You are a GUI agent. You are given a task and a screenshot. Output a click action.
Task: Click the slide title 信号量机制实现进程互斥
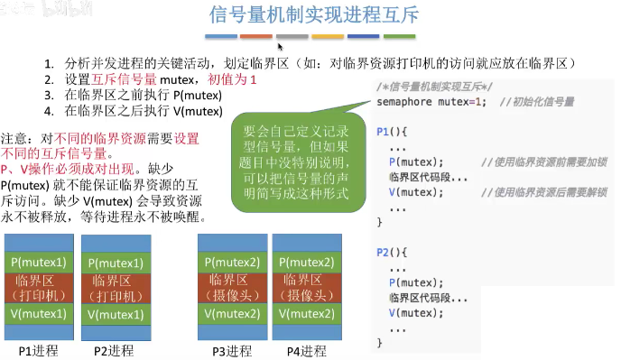coord(310,14)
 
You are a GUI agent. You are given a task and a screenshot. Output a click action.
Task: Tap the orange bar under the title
coord(256,37)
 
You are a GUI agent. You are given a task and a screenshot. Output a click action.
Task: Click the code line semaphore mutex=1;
coord(431,101)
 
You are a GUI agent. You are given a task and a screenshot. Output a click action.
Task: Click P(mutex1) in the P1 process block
coord(38,263)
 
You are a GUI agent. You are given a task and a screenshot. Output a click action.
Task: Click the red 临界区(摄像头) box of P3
coord(234,287)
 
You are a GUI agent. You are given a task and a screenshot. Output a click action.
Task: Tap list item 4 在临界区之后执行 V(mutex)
coord(143,112)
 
